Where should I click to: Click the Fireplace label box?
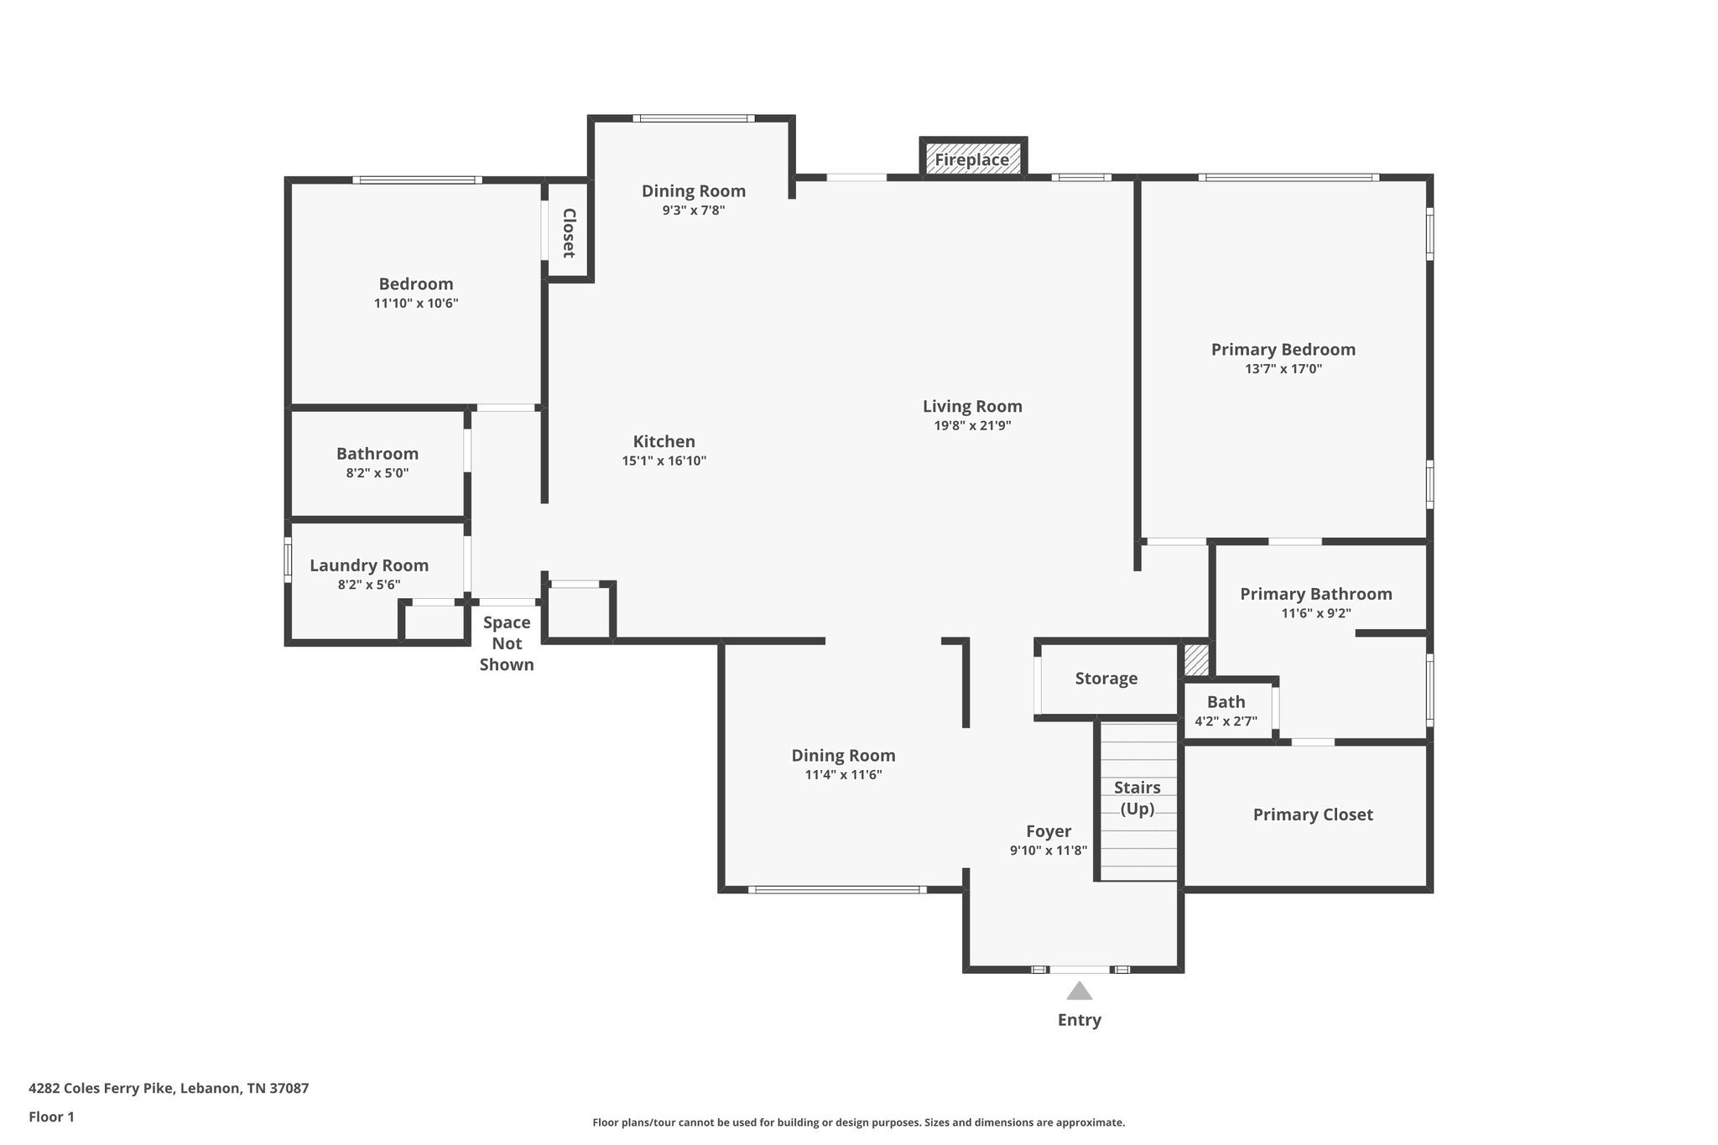pyautogui.click(x=972, y=159)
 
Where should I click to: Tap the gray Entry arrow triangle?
pyautogui.click(x=1079, y=991)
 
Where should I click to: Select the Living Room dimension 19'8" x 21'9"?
pyautogui.click(x=972, y=425)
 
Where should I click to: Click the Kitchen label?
pyautogui.click(x=664, y=441)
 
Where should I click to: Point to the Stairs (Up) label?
pyautogui.click(x=1137, y=798)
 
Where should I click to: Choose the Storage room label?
pyautogui.click(x=1106, y=679)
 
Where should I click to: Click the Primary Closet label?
pyautogui.click(x=1312, y=815)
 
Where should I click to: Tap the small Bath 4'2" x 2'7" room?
pyautogui.click(x=1226, y=710)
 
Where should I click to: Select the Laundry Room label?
pyautogui.click(x=369, y=565)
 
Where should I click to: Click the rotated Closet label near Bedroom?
pyautogui.click(x=568, y=232)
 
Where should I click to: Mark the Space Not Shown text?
pyautogui.click(x=507, y=643)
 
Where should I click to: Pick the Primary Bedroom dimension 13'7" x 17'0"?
pyautogui.click(x=1283, y=368)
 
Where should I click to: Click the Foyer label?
pyautogui.click(x=1048, y=831)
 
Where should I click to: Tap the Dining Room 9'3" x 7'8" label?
pyautogui.click(x=693, y=191)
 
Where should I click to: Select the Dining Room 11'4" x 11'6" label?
pyautogui.click(x=843, y=756)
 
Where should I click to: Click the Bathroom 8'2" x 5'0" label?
pyautogui.click(x=377, y=454)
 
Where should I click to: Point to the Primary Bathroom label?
pyautogui.click(x=1315, y=594)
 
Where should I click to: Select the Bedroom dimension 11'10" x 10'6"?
pyautogui.click(x=415, y=303)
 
